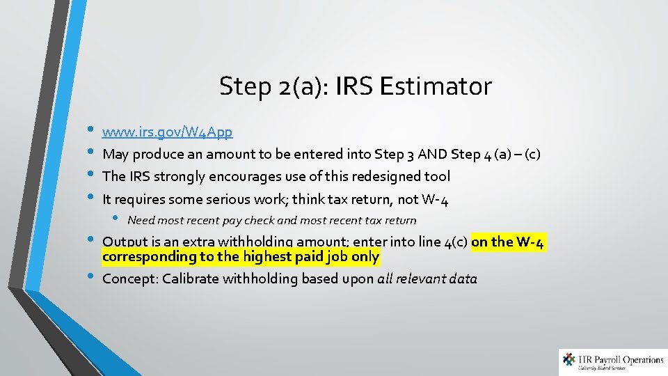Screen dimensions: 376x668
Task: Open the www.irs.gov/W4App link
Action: [167, 131]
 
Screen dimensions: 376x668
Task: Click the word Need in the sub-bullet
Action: [141, 220]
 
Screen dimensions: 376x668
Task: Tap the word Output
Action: [125, 242]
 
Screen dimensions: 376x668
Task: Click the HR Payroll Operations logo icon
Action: [570, 361]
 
